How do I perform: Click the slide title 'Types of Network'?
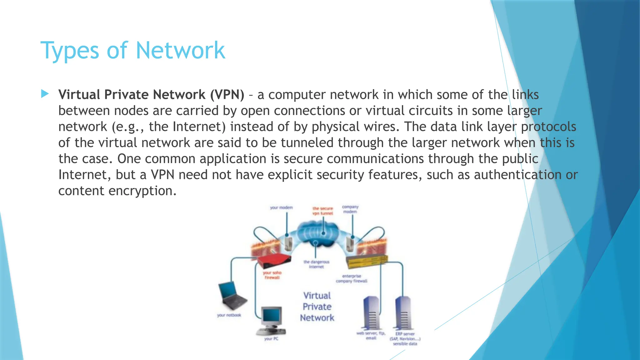(x=133, y=51)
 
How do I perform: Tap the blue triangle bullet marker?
(x=45, y=94)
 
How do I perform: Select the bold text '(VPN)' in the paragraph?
(x=227, y=95)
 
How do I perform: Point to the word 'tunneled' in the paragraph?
(x=307, y=143)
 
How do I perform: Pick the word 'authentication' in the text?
(x=517, y=175)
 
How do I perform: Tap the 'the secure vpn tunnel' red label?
(x=323, y=211)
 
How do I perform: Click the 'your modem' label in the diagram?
(x=281, y=207)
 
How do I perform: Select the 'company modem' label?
(x=350, y=209)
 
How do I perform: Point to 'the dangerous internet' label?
(x=316, y=264)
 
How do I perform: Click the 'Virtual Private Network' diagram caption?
(x=317, y=307)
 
